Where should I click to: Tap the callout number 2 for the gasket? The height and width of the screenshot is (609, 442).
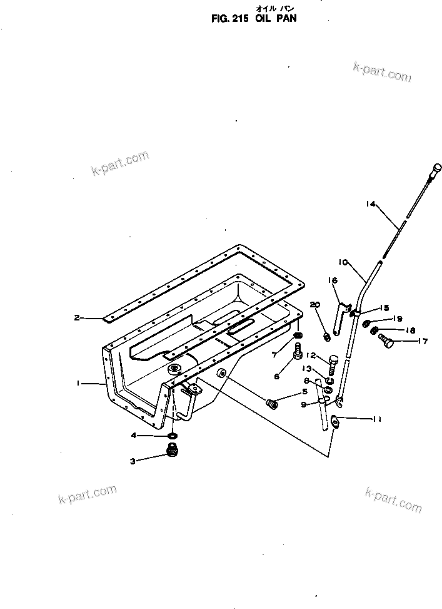click(77, 317)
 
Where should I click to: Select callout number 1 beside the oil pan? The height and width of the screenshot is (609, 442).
click(79, 382)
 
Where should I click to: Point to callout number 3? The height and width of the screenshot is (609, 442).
click(133, 462)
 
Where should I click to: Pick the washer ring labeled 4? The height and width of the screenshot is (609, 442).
click(172, 436)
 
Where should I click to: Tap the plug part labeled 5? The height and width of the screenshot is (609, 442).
click(272, 404)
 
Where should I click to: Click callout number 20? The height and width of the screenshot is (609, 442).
click(315, 304)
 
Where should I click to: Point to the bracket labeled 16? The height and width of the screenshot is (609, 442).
click(341, 319)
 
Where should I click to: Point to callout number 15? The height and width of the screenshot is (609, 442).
click(384, 308)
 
